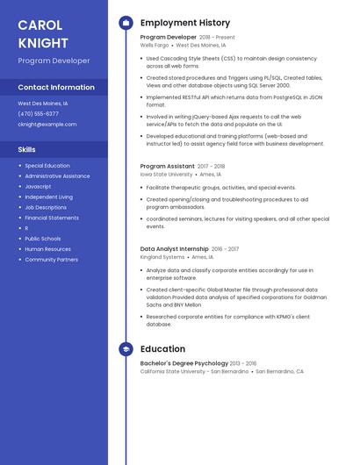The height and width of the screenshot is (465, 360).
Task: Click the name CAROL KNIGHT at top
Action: coord(43,33)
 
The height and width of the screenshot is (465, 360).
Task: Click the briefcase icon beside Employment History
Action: coord(126,23)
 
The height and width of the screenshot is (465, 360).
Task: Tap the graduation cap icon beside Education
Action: coord(126,349)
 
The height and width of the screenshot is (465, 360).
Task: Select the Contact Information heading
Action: coord(56,88)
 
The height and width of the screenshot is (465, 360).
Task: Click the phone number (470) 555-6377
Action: coord(39,114)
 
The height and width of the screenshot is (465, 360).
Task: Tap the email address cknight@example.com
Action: coord(47,125)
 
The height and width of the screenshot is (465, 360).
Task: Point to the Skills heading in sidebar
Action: coord(26,150)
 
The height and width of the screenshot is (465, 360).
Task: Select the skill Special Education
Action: coord(47,166)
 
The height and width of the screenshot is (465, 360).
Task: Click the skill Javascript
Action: coord(38,187)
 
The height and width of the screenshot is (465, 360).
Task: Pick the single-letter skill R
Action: coord(26,228)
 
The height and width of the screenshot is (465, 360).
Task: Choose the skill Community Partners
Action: coord(51,260)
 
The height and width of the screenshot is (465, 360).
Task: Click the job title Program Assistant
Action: coord(168,166)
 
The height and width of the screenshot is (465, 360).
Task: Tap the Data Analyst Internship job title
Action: coord(175,249)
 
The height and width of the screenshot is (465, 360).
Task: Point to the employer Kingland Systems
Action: coord(162,257)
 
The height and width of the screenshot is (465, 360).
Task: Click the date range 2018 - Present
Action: coord(217,38)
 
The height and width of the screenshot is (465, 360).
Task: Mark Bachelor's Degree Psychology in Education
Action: coord(184,363)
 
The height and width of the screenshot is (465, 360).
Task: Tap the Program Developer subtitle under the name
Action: coord(54,61)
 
